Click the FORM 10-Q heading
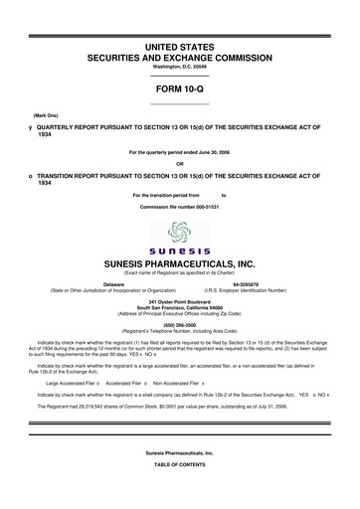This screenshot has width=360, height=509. click(179, 89)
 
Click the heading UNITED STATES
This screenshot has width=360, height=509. click(179, 47)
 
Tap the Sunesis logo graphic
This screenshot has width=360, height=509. click(179, 238)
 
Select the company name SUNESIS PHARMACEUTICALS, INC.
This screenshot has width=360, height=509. click(179, 263)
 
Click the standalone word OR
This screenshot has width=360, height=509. click(179, 164)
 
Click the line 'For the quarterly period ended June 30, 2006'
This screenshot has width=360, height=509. click(179, 152)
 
